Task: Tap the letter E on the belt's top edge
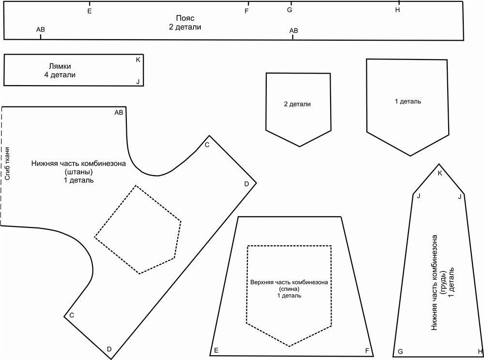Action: (x=90, y=11)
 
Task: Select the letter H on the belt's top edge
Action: (x=397, y=11)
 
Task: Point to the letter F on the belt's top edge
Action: (x=247, y=11)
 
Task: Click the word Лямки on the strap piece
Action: (x=63, y=66)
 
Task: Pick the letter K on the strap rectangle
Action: (x=138, y=60)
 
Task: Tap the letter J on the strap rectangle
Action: (x=138, y=82)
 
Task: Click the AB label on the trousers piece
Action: (x=119, y=113)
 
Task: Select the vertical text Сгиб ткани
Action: (x=7, y=165)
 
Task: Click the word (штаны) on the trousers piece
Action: (x=78, y=172)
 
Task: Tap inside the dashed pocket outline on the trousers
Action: (x=138, y=230)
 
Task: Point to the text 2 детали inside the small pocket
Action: (x=297, y=104)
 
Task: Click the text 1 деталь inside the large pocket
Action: (x=408, y=102)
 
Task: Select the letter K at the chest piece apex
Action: (x=439, y=173)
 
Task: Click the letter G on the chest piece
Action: (x=400, y=351)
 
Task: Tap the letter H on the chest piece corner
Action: (x=480, y=351)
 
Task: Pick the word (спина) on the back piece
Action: (x=289, y=289)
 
